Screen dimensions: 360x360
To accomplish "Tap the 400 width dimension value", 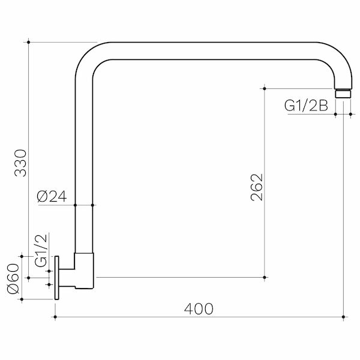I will pyautogui.click(x=198, y=309).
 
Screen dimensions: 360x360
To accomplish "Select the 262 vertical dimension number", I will pyautogui.click(x=256, y=188).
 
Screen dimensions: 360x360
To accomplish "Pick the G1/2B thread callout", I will pyautogui.click(x=305, y=106).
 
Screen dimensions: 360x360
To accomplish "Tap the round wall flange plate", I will pyautogui.click(x=57, y=277).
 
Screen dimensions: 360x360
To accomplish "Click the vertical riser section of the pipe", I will pyautogui.click(x=83, y=162).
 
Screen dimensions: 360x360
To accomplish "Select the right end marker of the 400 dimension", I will pyautogui.click(x=343, y=316).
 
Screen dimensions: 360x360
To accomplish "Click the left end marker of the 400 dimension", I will pyautogui.click(x=56, y=316).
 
